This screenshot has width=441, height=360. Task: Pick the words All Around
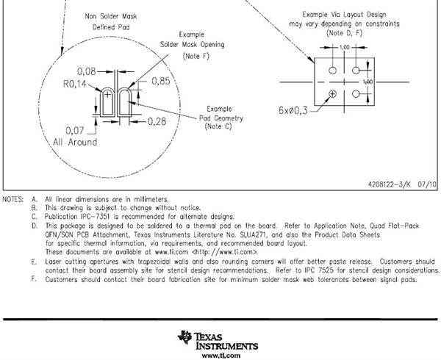(72, 142)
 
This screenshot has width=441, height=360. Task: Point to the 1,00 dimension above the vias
(344, 47)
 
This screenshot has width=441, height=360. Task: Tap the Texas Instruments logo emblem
(183, 337)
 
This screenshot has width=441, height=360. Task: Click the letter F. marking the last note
(33, 279)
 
